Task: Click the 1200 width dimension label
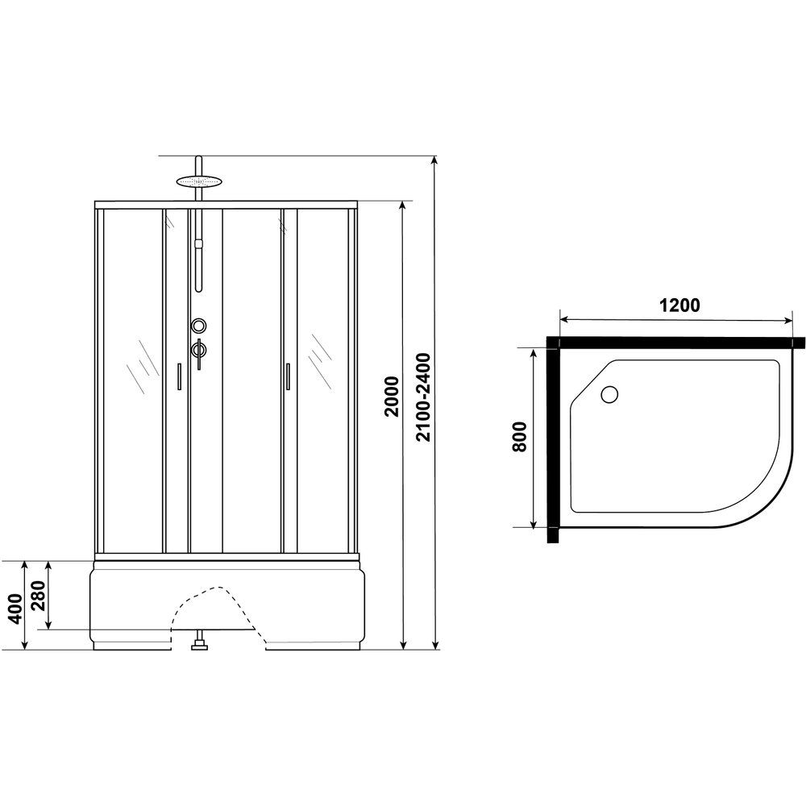pos(679,305)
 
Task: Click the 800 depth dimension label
pos(520,436)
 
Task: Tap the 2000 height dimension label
pos(392,397)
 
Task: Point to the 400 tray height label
pos(16,608)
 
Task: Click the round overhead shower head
pos(199,181)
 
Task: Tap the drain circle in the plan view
pos(609,394)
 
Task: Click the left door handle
pos(179,376)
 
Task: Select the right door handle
pos(288,376)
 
